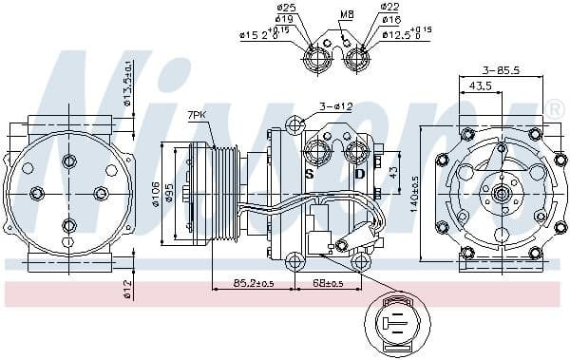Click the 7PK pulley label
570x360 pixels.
(197, 115)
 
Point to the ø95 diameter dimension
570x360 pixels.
(170, 194)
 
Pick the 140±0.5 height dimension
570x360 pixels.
(416, 195)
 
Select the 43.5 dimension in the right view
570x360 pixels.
(480, 86)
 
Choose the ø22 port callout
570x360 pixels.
(389, 9)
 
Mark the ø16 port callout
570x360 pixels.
(389, 19)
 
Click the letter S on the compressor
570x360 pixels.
(309, 174)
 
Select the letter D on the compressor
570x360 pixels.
(359, 174)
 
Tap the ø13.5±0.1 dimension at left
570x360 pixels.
(128, 83)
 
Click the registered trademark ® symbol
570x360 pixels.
(556, 109)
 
